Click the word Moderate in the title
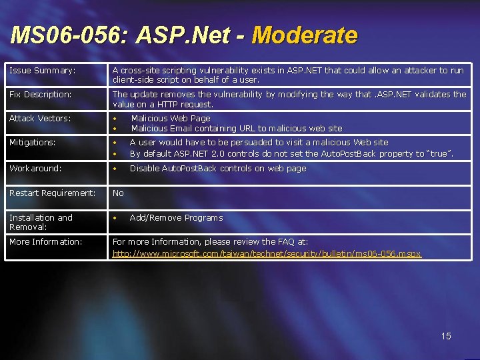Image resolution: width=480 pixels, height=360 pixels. [x=305, y=35]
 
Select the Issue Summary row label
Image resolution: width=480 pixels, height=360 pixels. [x=42, y=70]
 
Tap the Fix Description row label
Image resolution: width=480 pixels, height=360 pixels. [x=40, y=95]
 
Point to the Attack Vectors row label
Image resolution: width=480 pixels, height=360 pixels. [x=39, y=118]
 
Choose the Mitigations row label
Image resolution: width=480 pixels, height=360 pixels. [x=32, y=142]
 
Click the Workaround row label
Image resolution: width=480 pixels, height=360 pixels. [x=35, y=169]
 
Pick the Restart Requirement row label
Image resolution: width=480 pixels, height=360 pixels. [x=52, y=193]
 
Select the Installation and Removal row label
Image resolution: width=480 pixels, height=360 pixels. [x=41, y=222]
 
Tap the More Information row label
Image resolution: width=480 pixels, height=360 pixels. [x=45, y=242]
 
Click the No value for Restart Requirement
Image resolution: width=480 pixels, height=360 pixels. [x=118, y=193]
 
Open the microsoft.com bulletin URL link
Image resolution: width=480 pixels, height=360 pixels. [x=267, y=254]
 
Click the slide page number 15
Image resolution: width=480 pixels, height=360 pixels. [x=446, y=336]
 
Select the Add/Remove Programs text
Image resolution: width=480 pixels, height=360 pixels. [x=176, y=218]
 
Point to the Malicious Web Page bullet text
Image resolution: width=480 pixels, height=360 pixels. [x=171, y=118]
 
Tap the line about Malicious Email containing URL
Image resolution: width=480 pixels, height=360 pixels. [x=236, y=128]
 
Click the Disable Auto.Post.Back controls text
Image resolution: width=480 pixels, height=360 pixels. [x=218, y=169]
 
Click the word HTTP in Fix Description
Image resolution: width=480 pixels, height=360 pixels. [x=159, y=104]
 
